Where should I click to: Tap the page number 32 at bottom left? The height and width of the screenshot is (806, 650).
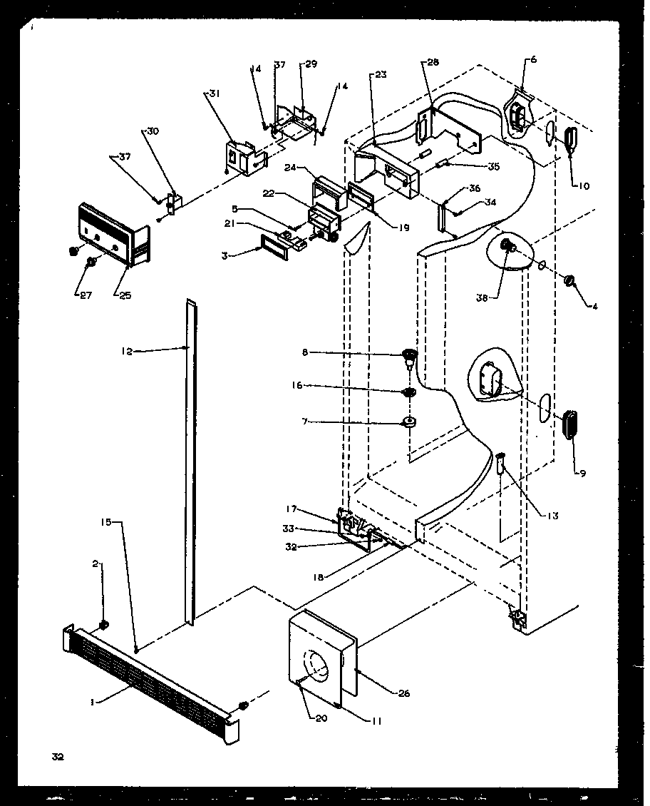[x=57, y=757]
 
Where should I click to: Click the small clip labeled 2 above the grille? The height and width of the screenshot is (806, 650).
[x=104, y=626]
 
